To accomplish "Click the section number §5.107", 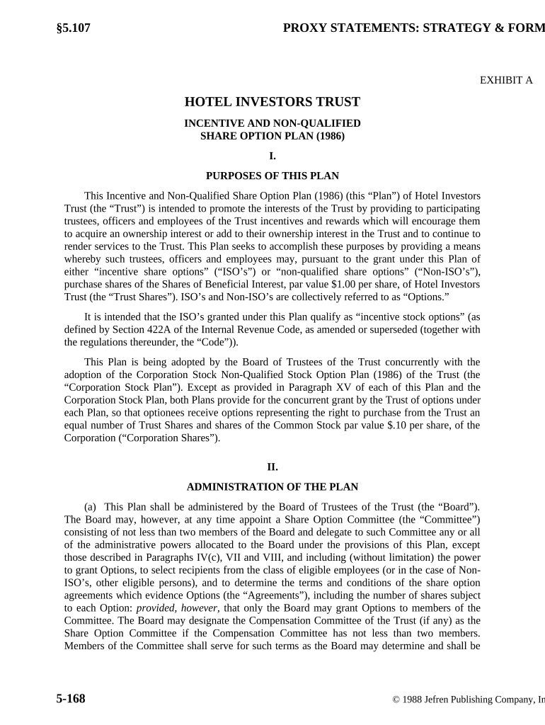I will pyautogui.click(x=74, y=28).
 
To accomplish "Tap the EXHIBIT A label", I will pyautogui.click(x=506, y=80).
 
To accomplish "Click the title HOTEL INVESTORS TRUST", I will pyautogui.click(x=272, y=102).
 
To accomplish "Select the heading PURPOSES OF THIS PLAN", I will pyautogui.click(x=272, y=176).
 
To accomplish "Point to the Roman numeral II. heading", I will pyautogui.click(x=272, y=467).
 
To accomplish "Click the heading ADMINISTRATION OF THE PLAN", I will pyautogui.click(x=272, y=487).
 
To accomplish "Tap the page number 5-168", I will pyautogui.click(x=71, y=699).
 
